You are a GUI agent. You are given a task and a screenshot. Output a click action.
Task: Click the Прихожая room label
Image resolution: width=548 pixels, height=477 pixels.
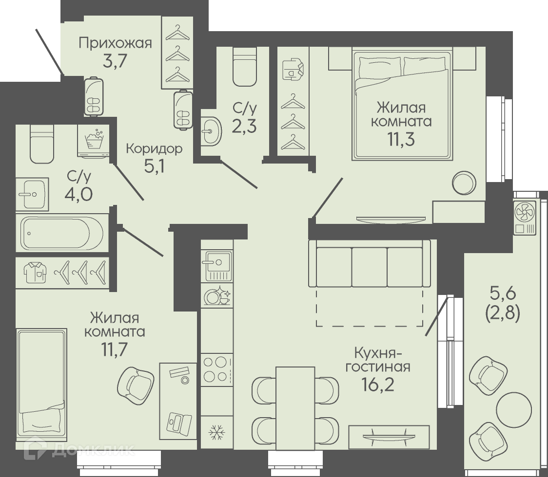pyautogui.click(x=116, y=43)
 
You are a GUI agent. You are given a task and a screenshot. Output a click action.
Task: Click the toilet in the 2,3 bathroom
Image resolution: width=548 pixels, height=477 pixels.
pyautogui.click(x=244, y=67)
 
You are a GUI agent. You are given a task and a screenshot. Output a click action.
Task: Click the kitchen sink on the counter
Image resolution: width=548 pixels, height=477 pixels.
pyautogui.click(x=216, y=266)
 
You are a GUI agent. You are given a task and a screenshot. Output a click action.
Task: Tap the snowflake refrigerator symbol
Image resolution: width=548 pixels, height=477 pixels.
pyautogui.click(x=216, y=432)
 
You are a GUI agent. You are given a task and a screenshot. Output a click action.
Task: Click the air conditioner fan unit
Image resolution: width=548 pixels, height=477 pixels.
pyautogui.click(x=525, y=218)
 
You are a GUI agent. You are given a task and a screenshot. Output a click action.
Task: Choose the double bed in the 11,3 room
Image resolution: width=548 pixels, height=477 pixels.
pyautogui.click(x=401, y=106)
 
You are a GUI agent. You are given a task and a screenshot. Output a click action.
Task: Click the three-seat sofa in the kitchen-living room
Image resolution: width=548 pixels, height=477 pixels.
pyautogui.click(x=370, y=263)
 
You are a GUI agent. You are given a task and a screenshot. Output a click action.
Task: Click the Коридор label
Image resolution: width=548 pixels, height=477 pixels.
pyautogui.click(x=154, y=149)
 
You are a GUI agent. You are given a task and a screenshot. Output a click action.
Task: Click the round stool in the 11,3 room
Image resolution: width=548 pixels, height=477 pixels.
pyautogui.click(x=464, y=183)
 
